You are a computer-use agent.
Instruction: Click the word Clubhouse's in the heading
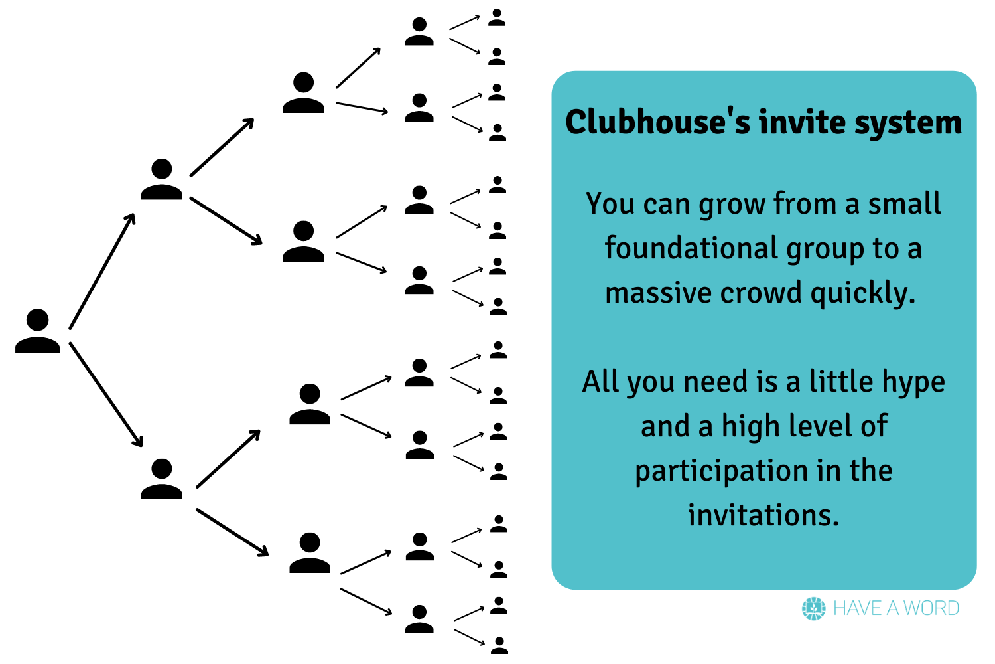pos(657,122)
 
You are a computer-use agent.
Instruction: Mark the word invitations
pos(763,515)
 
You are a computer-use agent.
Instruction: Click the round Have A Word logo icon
pos(813,608)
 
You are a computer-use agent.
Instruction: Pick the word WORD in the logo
pos(931,608)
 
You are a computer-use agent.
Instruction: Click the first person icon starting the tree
pos(38,331)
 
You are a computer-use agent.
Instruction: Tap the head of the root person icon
pos(38,320)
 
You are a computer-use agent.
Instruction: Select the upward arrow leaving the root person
pos(102,271)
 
